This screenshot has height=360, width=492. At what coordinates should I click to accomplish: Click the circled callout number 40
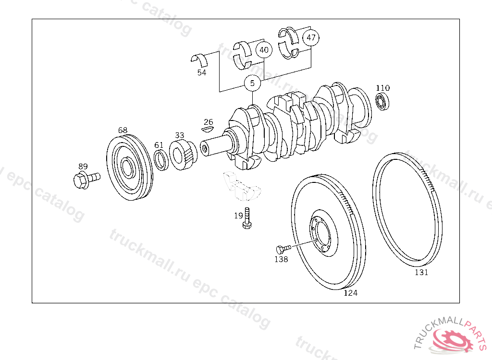(264, 50)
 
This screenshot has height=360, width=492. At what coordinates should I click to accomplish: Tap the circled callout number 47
(311, 37)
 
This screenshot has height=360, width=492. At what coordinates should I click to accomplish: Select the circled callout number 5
(252, 83)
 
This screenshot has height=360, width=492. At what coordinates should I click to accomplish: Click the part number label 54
(202, 72)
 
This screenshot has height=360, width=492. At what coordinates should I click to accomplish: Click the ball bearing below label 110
(382, 102)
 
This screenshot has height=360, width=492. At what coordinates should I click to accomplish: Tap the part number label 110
(383, 88)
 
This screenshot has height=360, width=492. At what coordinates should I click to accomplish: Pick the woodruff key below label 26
(207, 128)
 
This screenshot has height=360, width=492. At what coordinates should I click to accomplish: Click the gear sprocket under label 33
(183, 155)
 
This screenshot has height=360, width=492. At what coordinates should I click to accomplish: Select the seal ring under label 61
(161, 160)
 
